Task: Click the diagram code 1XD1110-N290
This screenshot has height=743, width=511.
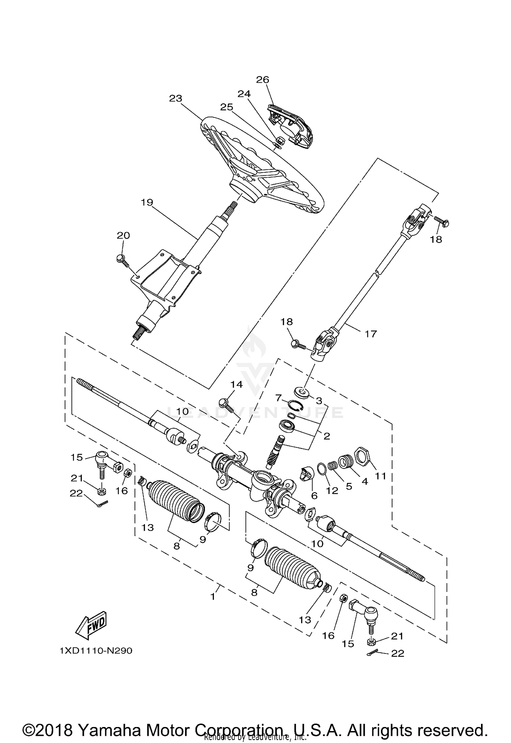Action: coord(96,651)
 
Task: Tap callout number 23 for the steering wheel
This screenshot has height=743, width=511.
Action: coord(176,99)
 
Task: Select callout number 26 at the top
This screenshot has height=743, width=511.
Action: coord(263,80)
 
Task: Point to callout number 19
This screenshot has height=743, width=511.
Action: coord(147,203)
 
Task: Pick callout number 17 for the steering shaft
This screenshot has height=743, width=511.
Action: coord(371,334)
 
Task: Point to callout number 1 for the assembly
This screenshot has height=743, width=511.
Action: coord(213,596)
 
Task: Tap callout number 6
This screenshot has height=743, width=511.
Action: coord(314,496)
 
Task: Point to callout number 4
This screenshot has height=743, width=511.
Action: coord(365,481)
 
